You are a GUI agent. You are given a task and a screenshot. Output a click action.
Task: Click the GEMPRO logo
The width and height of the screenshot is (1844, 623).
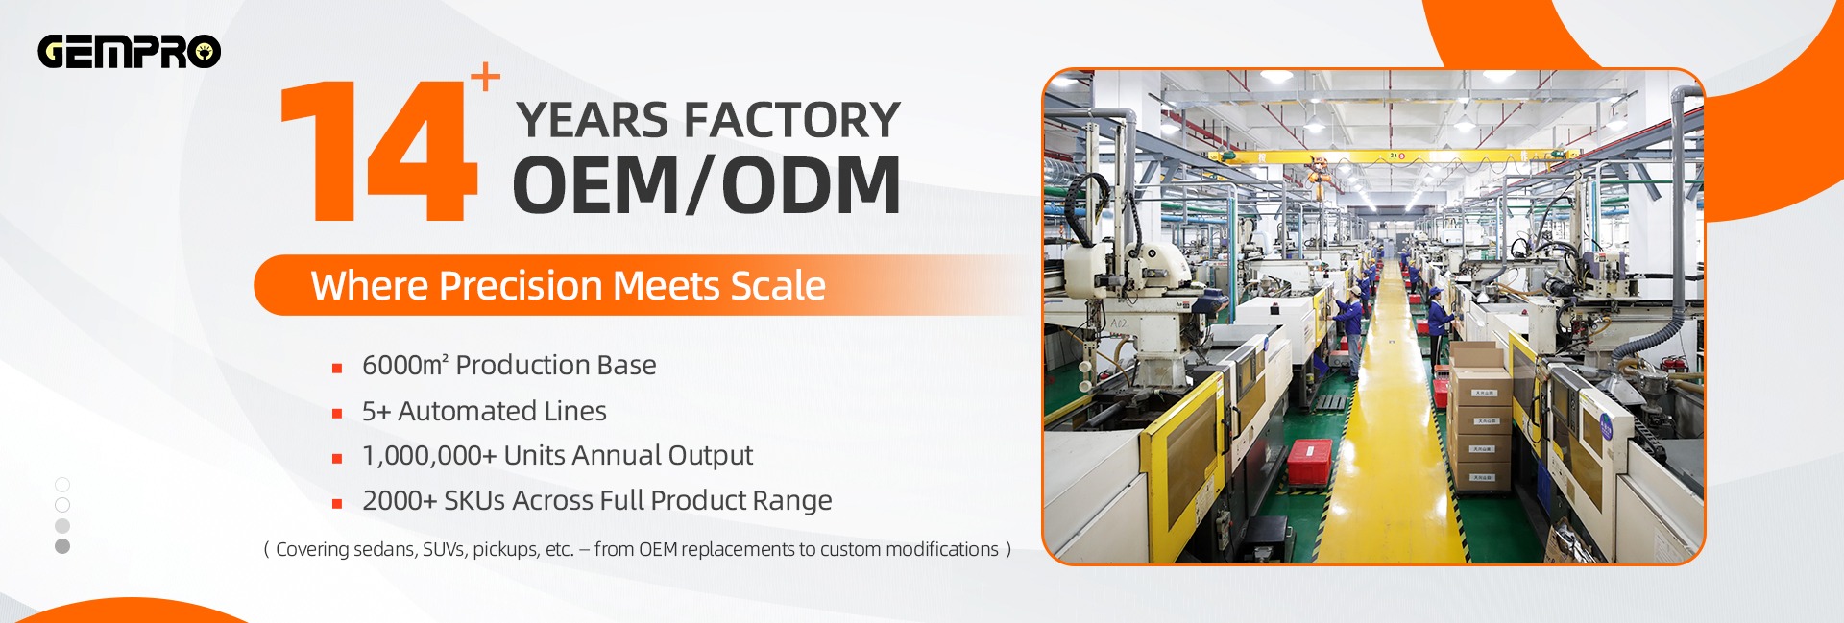130,52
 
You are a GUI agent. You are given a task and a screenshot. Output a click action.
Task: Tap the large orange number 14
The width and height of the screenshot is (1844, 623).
378,151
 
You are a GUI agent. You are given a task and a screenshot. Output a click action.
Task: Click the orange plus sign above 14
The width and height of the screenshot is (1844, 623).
486,77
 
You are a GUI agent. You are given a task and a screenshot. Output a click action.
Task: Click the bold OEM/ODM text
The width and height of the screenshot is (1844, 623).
707,185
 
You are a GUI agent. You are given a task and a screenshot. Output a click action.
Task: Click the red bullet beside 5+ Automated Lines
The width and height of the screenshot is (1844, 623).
337,414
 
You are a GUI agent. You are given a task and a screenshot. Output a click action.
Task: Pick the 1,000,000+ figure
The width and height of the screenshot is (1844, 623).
428,456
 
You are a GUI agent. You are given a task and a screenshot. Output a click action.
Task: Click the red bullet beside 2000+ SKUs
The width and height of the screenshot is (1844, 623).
337,503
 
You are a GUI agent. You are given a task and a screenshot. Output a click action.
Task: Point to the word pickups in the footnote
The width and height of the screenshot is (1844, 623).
505,550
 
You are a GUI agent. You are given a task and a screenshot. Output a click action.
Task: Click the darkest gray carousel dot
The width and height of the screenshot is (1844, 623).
62,546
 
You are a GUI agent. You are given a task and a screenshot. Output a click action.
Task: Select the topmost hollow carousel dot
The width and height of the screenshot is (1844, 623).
62,485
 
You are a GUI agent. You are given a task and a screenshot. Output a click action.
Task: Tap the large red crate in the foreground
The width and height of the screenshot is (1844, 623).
1310,461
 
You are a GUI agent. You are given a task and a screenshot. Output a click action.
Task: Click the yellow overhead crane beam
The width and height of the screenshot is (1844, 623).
1393,156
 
